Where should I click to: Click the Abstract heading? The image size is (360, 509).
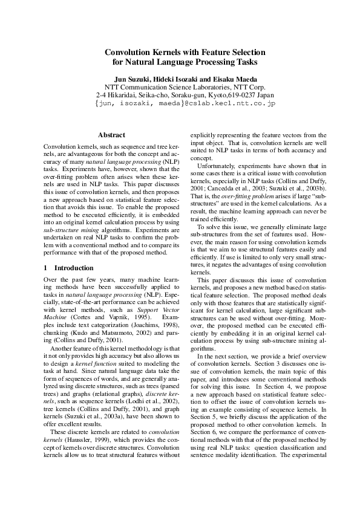pyautogui.click(x=111, y=135)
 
